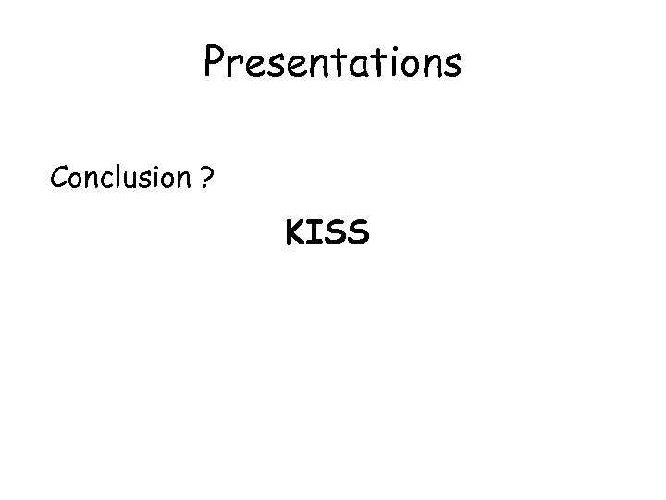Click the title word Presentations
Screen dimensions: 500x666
[332, 63]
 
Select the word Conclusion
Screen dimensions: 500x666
[120, 176]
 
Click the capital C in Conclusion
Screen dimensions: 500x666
[60, 176]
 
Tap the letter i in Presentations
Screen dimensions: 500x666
[395, 63]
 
